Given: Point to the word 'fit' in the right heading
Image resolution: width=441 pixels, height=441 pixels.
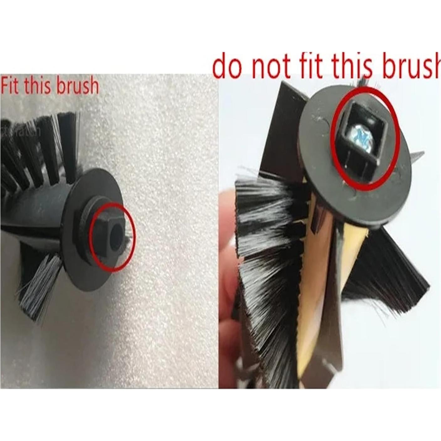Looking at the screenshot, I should [310, 66].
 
